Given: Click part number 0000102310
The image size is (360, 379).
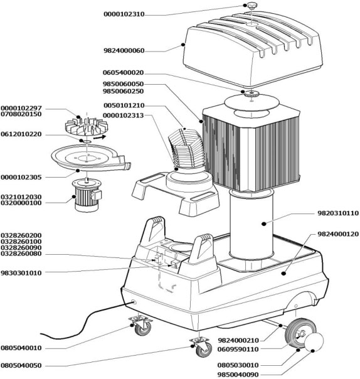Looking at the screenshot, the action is point(124,14).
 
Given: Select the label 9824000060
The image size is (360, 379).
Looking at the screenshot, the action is point(124,51).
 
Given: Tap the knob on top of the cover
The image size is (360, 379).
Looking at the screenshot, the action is point(251,6).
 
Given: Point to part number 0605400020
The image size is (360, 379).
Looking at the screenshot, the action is point(123,73).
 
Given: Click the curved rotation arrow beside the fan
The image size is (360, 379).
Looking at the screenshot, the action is point(100,137).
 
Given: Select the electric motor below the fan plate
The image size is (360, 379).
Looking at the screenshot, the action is point(87,195).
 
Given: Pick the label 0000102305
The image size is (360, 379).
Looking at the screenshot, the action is point(21,178).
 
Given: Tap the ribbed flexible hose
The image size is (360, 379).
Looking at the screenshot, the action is point(186,151).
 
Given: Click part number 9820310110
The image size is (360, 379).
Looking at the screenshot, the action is point(338,213).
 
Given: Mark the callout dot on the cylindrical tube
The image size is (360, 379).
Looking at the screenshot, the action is point(264,224).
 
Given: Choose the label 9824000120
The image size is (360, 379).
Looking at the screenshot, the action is point(338,234).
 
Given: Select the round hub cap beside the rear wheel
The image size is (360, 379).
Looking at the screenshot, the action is point(314,342).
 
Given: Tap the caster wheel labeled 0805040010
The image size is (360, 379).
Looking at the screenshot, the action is point(142,326).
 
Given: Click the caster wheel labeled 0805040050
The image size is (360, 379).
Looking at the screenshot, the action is point(201,348).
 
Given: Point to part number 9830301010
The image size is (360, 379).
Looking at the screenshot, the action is point(21,273).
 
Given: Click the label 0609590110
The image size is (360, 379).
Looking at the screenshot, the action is point(238,350).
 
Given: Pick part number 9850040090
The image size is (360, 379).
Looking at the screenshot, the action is point(238,375).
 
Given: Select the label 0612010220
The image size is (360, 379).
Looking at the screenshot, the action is point(21,134).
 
